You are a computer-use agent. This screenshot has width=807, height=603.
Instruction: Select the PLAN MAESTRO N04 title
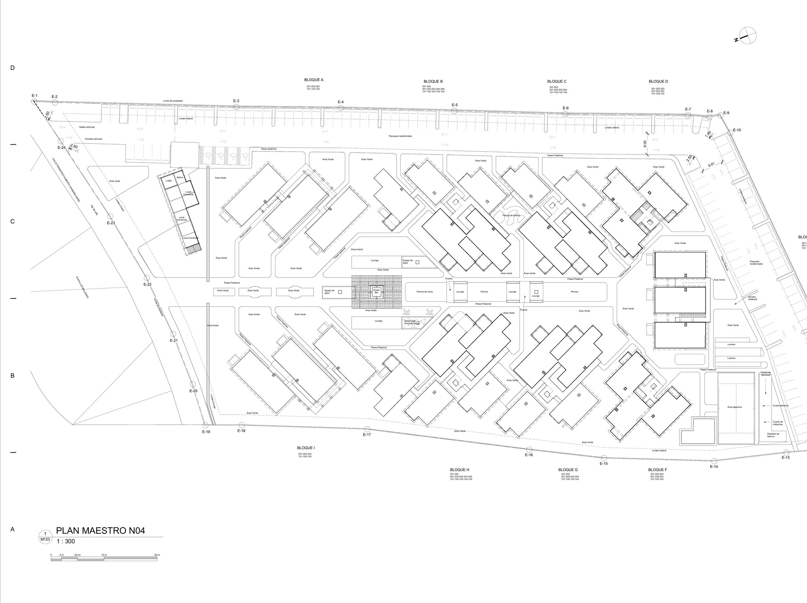[101, 531]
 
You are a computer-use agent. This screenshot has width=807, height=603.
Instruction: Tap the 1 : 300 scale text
[66, 541]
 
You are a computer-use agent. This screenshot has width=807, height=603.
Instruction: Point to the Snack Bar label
[376, 291]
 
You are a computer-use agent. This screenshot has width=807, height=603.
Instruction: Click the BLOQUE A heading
[314, 80]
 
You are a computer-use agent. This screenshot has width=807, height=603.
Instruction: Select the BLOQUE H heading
[459, 470]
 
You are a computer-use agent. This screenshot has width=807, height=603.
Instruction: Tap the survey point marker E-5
[454, 111]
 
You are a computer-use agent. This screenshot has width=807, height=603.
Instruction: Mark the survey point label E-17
[367, 435]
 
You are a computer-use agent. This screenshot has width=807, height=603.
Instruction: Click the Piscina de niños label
[424, 291]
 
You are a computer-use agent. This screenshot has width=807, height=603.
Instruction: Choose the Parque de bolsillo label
[512, 215]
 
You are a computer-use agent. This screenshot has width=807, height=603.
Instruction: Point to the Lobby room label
[169, 181]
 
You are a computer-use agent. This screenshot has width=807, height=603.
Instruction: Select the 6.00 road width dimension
[645, 144]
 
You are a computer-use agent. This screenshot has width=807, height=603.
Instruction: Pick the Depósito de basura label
[771, 435]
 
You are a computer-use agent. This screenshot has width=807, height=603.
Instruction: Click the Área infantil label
[357, 249]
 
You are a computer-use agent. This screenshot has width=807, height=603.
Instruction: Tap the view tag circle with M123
[45, 537]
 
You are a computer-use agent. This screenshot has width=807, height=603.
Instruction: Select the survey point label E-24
[61, 147]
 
